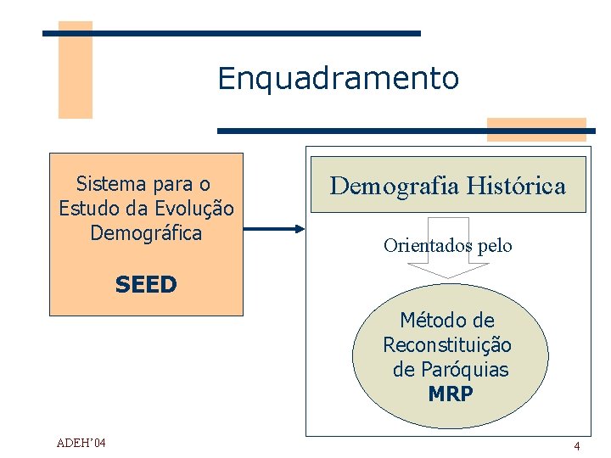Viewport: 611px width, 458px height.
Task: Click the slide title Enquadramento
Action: pos(338,79)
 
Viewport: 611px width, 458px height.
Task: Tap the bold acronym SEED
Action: pos(146,285)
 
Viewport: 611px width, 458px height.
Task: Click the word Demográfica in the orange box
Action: pos(146,232)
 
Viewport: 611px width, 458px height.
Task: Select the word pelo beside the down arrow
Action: pos(496,246)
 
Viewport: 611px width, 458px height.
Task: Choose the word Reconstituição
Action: pos(447,345)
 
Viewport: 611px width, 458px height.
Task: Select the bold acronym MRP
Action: pos(451,394)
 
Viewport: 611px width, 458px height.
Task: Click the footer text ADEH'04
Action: pos(82,443)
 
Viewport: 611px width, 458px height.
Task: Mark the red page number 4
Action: pos(576,446)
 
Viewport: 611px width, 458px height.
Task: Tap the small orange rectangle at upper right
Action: pos(536,128)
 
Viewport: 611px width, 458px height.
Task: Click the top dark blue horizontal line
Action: pos(232,33)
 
